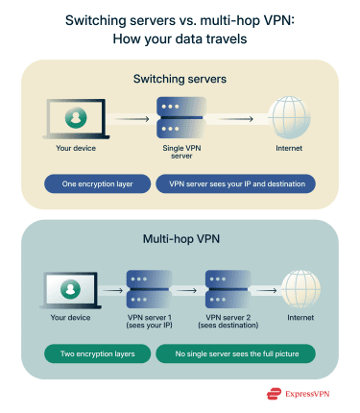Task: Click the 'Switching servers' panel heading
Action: tap(180, 79)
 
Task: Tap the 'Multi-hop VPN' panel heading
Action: tap(180, 237)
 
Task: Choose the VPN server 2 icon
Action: tap(227, 284)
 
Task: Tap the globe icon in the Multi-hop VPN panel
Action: tap(300, 284)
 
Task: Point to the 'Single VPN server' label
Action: tap(180, 155)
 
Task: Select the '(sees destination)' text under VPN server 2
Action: tap(227, 325)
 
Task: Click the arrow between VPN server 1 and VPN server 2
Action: tap(186, 285)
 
